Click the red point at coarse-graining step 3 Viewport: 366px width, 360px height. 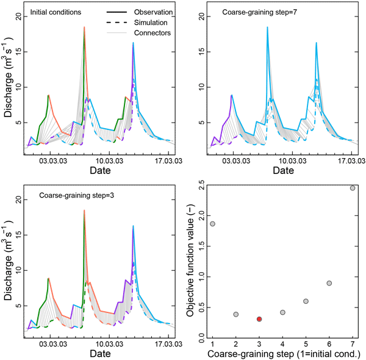coord(259,319)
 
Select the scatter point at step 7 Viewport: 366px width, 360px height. coord(353,188)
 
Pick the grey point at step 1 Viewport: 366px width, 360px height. coord(212,224)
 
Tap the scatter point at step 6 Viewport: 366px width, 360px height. coord(329,283)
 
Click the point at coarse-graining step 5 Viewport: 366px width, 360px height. coord(306,301)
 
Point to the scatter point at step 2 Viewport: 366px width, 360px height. coord(236,314)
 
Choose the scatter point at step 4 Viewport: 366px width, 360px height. coord(282,312)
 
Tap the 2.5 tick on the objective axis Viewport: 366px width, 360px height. coord(203,188)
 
